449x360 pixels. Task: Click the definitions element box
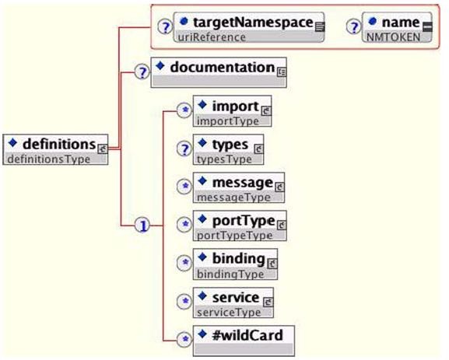click(55, 149)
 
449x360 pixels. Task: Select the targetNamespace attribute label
click(253, 22)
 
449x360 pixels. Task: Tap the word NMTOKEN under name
click(394, 37)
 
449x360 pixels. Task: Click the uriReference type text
click(212, 37)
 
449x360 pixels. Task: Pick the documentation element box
click(219, 72)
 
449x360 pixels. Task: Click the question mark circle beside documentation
click(142, 72)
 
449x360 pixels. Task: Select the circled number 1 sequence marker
click(142, 225)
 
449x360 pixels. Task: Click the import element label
click(235, 107)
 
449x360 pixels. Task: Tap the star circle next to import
click(184, 110)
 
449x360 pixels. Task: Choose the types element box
click(228, 149)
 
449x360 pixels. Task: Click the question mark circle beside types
click(184, 149)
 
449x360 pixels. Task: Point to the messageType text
click(233, 197)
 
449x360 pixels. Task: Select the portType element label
click(244, 221)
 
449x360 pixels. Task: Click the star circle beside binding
click(184, 263)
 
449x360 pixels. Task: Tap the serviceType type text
click(229, 313)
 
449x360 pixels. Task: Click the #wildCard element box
click(244, 341)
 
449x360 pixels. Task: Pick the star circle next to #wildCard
click(184, 340)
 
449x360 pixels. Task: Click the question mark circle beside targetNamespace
click(165, 27)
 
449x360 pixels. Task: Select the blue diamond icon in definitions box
click(12, 142)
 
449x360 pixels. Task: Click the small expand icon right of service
click(268, 302)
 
